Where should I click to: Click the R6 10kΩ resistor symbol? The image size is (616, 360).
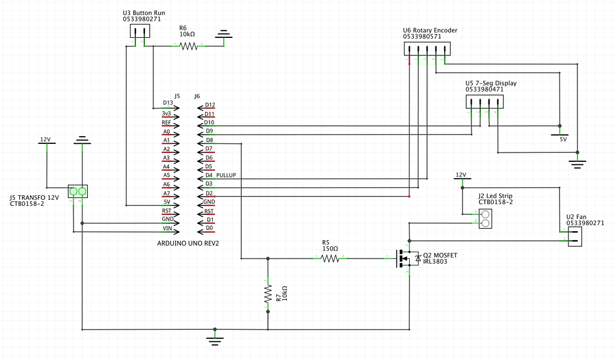(x=188, y=46)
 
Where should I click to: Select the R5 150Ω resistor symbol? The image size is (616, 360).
(x=330, y=258)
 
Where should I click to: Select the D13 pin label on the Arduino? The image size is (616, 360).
(x=168, y=104)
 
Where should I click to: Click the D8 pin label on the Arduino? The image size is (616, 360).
(x=209, y=140)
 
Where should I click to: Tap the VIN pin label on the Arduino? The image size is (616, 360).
(x=168, y=229)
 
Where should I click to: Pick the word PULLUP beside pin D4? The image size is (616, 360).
(x=226, y=175)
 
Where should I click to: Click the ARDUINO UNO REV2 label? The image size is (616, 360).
(x=188, y=244)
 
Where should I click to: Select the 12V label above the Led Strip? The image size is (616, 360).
(x=461, y=175)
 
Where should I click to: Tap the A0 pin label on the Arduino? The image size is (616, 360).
(x=167, y=131)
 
